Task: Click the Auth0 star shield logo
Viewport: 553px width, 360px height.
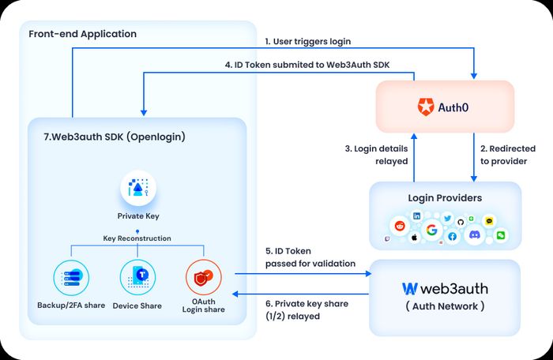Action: point(426,107)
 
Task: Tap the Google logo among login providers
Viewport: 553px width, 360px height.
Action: point(431,230)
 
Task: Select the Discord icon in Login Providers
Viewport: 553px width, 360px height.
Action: point(474,234)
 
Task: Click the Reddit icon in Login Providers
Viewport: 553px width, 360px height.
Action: point(400,226)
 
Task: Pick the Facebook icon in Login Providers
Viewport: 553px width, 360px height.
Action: point(453,236)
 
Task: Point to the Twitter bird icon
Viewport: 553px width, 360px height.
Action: point(448,218)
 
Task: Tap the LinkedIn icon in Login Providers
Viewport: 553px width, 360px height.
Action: point(417,216)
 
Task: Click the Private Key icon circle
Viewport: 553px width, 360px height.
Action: point(138,188)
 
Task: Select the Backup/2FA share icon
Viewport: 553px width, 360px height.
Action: point(71,277)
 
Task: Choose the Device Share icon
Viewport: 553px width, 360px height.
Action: point(137,277)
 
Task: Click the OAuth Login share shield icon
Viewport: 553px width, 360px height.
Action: point(204,277)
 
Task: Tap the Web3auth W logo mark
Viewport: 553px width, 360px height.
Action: point(410,289)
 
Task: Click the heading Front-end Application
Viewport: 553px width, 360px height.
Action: point(82,34)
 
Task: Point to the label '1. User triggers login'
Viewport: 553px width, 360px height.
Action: point(308,41)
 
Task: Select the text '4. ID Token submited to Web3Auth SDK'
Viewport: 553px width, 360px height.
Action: point(307,65)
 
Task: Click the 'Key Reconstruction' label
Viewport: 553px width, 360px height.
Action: point(137,238)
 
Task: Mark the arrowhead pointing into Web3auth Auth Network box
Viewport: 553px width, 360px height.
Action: point(369,273)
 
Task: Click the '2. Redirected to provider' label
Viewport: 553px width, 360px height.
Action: point(508,155)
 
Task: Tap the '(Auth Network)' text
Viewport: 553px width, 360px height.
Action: point(445,306)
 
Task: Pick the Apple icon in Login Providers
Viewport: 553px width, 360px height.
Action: point(415,238)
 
